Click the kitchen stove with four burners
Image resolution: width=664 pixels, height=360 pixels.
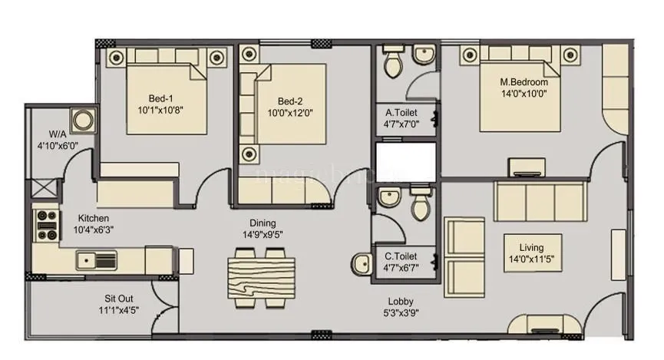pyautogui.click(x=47, y=225)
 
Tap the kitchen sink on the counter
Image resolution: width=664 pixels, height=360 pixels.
pyautogui.click(x=96, y=262)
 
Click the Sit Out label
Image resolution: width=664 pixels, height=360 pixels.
pyautogui.click(x=120, y=299)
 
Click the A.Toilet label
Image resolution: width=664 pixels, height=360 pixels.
pyautogui.click(x=401, y=113)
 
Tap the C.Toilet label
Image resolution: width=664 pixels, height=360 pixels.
pyautogui.click(x=401, y=256)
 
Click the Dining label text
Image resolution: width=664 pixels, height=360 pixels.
pyautogui.click(x=263, y=223)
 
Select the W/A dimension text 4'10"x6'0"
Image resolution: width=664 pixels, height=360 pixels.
pyautogui.click(x=58, y=145)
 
